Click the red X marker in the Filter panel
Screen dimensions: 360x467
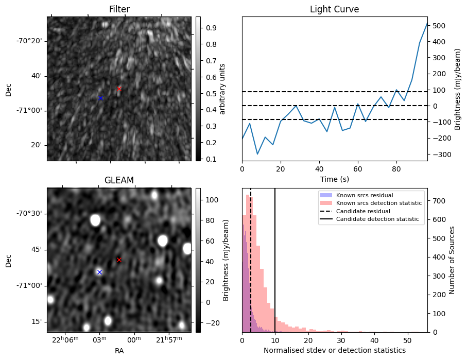(119, 89)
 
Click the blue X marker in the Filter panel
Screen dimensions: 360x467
(100, 98)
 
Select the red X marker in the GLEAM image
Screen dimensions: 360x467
(119, 260)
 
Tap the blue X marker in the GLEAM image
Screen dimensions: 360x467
(99, 272)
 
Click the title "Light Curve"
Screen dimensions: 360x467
(334, 9)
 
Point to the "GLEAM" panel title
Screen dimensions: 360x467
(119, 180)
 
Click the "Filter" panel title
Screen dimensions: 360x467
(119, 9)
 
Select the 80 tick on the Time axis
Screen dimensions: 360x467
(396, 168)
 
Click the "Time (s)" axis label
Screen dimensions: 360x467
(334, 179)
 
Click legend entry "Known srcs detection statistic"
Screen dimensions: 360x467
(379, 203)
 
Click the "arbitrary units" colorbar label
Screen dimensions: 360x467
(222, 89)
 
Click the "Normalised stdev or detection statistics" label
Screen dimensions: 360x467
(334, 350)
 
